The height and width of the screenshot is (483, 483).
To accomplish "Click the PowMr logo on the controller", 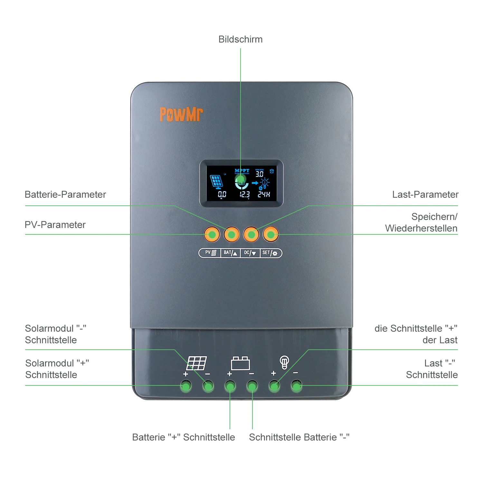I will (181, 114).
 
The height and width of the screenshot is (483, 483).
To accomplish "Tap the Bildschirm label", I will (240, 39).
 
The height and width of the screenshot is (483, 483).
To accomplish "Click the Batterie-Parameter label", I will (65, 194).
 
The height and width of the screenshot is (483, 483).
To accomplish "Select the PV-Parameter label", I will (55, 225).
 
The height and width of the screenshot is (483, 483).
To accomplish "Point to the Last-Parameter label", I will (425, 194).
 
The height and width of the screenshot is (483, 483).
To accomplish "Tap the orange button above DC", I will (251, 234).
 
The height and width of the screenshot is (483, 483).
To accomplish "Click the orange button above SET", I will (271, 234).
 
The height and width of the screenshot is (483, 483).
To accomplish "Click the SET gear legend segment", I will (270, 253).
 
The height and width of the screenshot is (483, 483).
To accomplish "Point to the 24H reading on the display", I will (264, 194).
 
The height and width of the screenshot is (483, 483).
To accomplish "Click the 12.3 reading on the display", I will (244, 194).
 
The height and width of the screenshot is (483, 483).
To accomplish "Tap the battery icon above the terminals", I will (240, 363).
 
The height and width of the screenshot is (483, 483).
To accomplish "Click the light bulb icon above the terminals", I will (284, 362).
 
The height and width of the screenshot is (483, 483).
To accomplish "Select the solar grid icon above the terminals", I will (197, 363).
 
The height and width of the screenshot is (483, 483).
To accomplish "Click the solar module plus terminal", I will (186, 385).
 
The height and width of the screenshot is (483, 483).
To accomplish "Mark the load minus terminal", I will (296, 385).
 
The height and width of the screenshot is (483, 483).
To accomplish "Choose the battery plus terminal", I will (230, 386).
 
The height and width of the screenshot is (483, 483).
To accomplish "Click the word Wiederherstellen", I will (421, 228).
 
